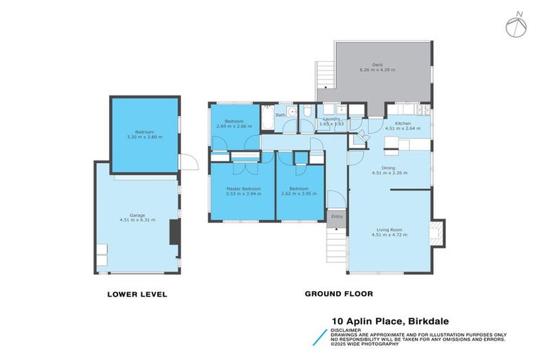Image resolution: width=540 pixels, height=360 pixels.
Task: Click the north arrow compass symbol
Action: point(515,25)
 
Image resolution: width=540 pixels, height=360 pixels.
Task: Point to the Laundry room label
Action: point(331,119)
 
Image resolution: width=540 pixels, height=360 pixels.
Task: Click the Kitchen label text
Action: point(402,123)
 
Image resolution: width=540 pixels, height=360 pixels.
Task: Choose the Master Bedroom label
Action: point(243,188)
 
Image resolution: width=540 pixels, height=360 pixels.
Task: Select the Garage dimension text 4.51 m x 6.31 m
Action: point(137,220)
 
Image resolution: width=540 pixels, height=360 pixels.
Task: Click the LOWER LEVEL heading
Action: point(137,294)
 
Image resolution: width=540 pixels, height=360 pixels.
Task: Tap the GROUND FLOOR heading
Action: point(339,294)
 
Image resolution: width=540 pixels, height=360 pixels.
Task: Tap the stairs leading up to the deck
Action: point(324,73)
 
